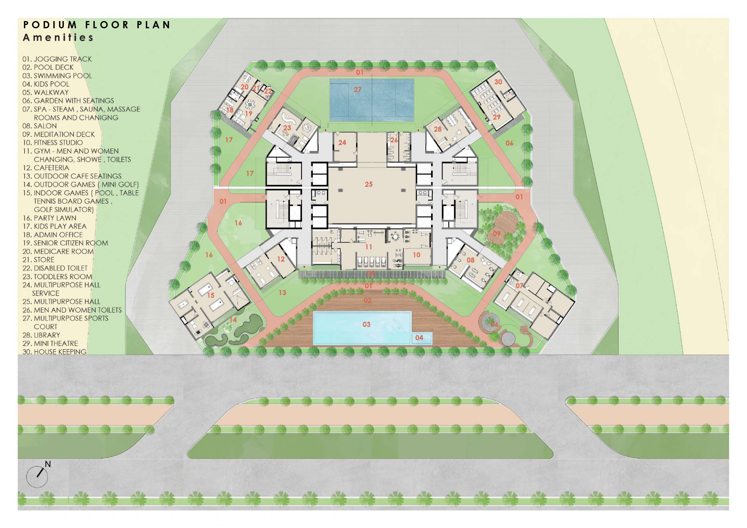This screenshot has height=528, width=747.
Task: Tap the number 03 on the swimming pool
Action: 366,324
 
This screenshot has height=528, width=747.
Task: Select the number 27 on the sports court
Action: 358,89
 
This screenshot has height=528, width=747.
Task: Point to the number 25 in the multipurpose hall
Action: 368,184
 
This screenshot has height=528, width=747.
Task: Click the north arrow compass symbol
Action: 37,475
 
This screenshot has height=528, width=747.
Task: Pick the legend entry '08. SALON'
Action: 39,126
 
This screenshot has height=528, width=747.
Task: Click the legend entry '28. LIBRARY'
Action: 41,335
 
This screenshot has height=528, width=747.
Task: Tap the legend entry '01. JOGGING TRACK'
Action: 57,59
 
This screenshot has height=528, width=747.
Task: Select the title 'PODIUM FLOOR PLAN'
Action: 97,25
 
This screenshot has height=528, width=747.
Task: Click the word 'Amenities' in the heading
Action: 58,37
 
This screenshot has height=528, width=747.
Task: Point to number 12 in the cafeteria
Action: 281,259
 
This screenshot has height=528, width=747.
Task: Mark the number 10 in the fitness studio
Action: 416,255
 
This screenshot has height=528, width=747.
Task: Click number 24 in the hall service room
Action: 342,142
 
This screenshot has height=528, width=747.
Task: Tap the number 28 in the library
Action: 437,129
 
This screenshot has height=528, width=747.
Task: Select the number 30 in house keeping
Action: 498,82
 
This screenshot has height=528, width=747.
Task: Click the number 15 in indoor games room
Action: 211,295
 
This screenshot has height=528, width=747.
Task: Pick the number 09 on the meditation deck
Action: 496,234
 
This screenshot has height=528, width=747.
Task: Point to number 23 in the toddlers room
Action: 287,128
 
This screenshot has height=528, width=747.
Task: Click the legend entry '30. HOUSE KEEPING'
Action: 54,352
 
